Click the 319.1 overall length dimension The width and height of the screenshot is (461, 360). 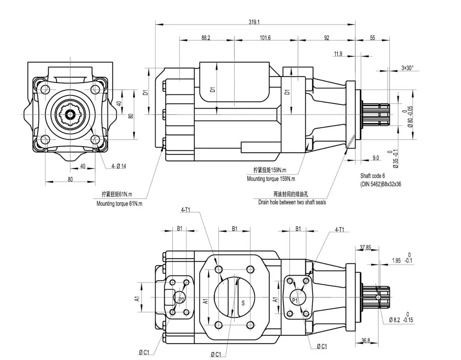[x=254, y=22]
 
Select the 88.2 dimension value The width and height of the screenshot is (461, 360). [x=206, y=38]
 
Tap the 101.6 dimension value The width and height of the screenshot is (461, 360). [x=265, y=38]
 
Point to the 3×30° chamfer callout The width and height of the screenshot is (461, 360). [x=407, y=68]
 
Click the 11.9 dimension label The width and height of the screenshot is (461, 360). [x=338, y=54]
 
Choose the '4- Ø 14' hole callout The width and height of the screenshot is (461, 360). [x=119, y=166]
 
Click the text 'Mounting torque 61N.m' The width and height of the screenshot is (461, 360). [x=119, y=203]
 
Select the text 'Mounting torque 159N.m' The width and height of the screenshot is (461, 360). [x=271, y=179]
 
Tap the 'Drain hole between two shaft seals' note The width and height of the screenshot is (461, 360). [x=292, y=202]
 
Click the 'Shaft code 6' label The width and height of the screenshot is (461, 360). [x=372, y=176]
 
